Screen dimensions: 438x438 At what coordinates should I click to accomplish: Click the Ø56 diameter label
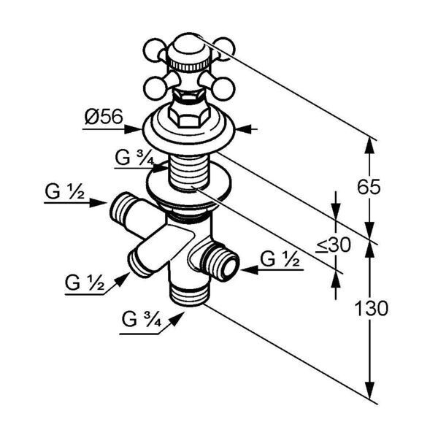[104, 117]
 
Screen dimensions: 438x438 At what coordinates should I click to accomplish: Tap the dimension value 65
[369, 187]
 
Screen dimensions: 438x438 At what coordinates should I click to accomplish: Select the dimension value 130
[372, 308]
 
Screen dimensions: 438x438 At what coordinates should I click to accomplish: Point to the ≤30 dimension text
[333, 245]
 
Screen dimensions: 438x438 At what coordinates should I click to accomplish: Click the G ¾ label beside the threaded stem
[134, 158]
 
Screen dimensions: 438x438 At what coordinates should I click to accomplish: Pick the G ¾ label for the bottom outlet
[142, 319]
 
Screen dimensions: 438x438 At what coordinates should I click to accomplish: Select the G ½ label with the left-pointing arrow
[280, 259]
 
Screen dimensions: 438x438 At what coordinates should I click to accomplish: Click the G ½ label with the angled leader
[85, 283]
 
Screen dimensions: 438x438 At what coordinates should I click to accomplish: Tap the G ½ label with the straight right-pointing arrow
[64, 192]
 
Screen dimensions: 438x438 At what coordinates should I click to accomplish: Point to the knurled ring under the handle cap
[189, 66]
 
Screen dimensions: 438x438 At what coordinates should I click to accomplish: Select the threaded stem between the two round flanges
[189, 173]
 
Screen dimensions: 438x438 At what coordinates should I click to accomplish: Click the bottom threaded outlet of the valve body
[190, 296]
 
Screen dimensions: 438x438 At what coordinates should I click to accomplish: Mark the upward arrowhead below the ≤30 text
[336, 279]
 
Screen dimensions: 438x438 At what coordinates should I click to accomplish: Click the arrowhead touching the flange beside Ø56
[134, 129]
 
